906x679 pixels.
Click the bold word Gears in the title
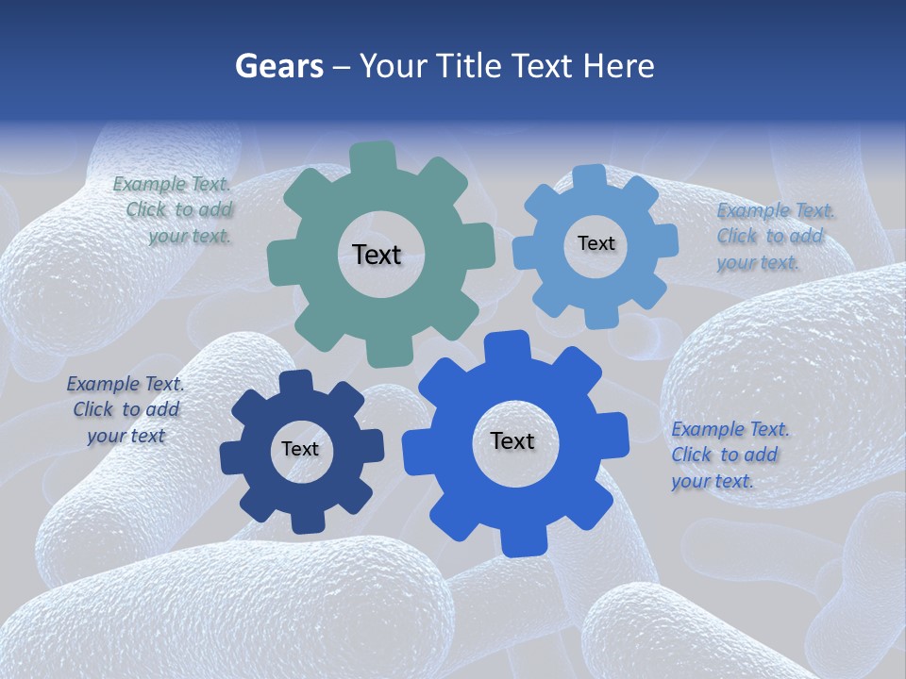coord(278,66)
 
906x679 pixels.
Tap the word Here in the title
coord(618,66)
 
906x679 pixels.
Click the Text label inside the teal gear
coord(377,255)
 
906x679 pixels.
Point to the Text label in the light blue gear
coord(596,243)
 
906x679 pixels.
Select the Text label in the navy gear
coord(300,449)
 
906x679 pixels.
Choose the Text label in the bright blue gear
coord(512,440)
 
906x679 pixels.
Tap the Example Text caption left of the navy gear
coord(126,409)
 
